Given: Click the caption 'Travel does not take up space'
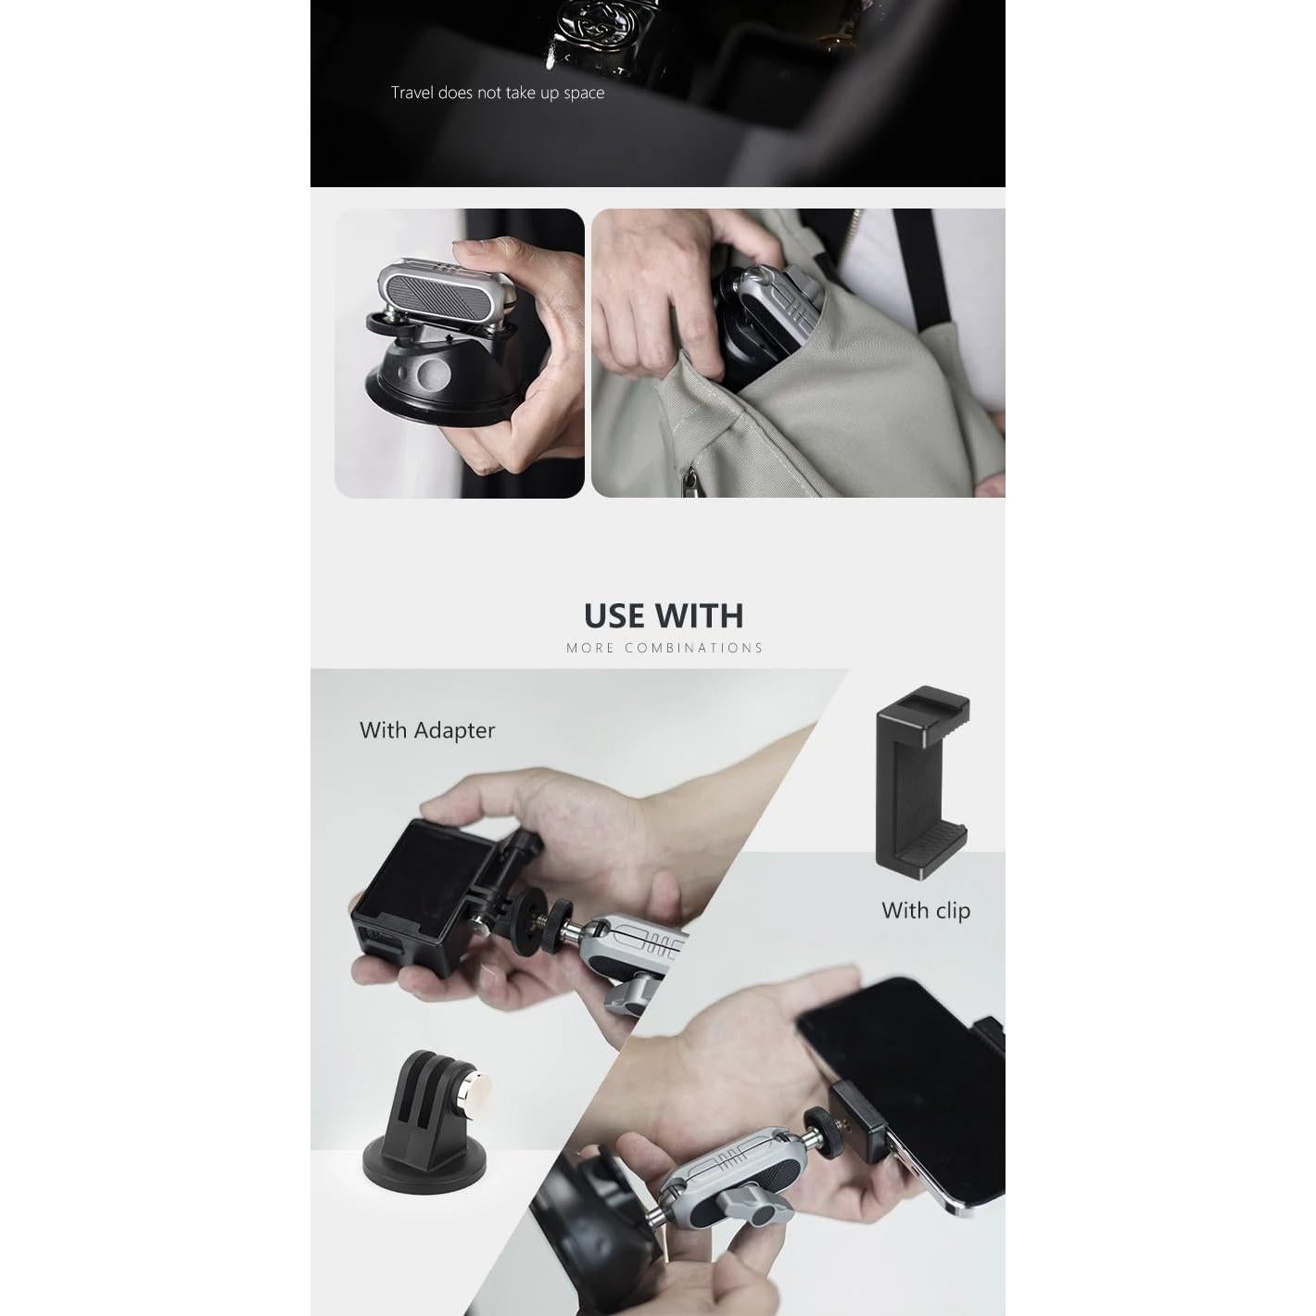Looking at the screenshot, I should tap(497, 93).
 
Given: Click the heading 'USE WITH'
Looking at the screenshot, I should tap(664, 616).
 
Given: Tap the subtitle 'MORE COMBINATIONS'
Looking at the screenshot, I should tap(664, 648).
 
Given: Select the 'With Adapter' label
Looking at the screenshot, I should tap(427, 730).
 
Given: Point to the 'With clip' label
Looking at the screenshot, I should tap(925, 910).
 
